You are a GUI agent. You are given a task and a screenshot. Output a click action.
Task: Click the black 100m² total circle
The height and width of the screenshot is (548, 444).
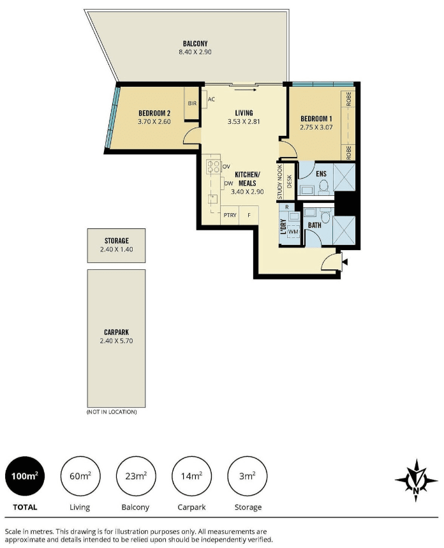[25, 476]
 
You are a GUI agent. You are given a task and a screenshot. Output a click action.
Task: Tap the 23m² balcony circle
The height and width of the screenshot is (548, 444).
[136, 476]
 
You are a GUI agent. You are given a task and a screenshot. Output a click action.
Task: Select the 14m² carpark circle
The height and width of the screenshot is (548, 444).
[191, 476]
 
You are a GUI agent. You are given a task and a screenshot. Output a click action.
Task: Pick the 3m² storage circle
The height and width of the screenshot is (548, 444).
[247, 476]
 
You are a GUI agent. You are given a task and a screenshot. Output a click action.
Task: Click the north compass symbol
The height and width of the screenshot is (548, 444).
[416, 480]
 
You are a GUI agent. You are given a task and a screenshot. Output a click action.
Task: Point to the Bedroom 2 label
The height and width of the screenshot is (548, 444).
[154, 113]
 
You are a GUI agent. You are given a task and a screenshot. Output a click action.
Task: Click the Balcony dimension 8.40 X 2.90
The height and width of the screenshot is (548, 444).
[195, 52]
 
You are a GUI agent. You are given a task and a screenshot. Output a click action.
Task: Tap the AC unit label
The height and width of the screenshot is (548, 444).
[211, 100]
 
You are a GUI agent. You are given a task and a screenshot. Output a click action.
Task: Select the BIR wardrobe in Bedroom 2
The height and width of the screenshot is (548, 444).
[192, 103]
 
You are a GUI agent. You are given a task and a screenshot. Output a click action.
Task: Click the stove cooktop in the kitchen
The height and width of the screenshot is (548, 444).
[213, 167]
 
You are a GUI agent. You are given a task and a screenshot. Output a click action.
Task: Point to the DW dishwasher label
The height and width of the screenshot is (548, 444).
[228, 183]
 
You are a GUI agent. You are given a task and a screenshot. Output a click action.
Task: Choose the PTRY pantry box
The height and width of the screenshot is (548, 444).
[230, 215]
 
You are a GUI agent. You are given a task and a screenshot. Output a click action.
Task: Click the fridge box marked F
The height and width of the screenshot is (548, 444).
[249, 215]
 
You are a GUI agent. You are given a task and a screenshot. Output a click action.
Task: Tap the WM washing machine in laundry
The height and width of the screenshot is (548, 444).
[293, 232]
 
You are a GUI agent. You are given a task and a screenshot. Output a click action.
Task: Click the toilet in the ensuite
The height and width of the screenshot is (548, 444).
[323, 187]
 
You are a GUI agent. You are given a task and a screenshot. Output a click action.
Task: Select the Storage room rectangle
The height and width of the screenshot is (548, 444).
[116, 246]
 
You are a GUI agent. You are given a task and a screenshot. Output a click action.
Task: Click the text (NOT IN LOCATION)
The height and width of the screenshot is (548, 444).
[112, 412]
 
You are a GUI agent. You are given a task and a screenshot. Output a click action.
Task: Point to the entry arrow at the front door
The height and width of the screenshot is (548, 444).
[345, 262]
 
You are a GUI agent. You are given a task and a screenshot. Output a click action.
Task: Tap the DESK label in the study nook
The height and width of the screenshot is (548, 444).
[289, 181]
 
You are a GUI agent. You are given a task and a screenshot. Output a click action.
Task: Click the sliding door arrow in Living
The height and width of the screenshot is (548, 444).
[246, 90]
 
